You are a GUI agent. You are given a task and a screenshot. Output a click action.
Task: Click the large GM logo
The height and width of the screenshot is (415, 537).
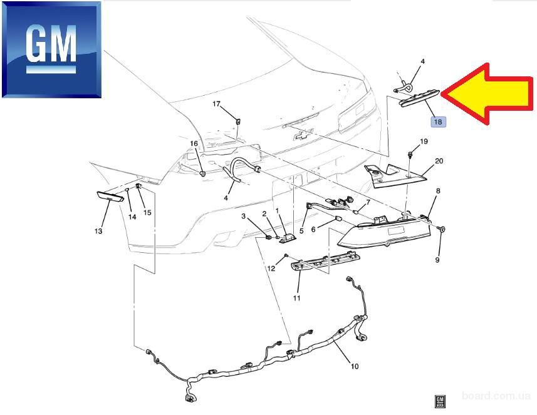click(x=52, y=49)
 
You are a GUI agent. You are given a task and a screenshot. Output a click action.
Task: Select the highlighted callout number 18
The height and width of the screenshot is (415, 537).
click(x=438, y=121)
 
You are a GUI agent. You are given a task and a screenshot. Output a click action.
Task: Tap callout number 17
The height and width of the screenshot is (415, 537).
click(x=216, y=104)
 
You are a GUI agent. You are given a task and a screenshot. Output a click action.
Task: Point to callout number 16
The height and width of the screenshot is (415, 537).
click(x=194, y=143)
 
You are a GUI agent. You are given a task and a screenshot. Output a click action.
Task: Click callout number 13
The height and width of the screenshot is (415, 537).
click(x=98, y=231)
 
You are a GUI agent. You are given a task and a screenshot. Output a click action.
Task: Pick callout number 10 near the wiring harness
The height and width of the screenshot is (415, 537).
click(x=355, y=366)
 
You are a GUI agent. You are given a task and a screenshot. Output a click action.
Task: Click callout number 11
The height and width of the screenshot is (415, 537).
click(x=296, y=298)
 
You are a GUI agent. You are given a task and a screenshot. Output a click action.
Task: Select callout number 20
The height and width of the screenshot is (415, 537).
click(x=439, y=161)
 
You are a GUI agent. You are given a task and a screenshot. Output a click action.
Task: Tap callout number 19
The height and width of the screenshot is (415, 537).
click(x=424, y=141)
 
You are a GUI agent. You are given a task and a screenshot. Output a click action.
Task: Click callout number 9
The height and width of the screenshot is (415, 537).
click(x=437, y=260)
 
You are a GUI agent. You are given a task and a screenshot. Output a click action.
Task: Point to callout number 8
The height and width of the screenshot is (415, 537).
click(x=438, y=191)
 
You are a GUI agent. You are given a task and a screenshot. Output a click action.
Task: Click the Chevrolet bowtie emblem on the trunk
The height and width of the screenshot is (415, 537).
click(x=304, y=135)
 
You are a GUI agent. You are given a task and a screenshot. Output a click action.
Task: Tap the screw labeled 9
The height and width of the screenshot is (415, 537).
click(x=442, y=229)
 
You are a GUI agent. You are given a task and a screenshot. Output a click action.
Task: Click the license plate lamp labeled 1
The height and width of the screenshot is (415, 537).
click(x=287, y=239)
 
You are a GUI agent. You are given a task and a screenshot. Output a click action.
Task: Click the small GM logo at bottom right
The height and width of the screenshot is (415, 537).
click(x=440, y=401)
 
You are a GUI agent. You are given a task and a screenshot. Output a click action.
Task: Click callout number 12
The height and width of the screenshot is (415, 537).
click(x=271, y=269)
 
